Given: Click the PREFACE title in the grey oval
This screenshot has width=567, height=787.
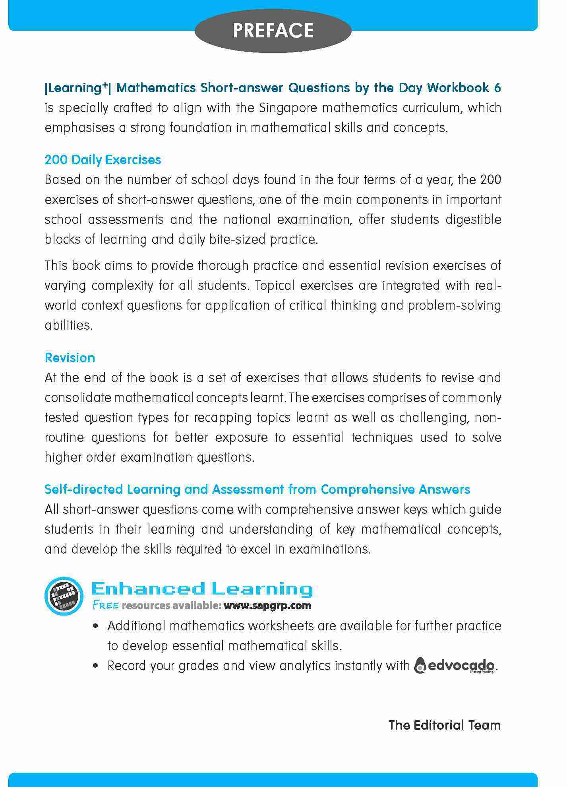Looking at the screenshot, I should tap(273, 31).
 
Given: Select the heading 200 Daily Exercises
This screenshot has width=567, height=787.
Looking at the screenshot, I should tap(103, 160).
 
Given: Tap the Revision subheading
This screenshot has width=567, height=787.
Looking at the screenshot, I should tap(70, 358).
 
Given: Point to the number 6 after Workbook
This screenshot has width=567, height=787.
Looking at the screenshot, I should tap(497, 87).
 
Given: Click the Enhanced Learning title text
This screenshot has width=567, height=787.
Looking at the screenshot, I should tap(202, 589).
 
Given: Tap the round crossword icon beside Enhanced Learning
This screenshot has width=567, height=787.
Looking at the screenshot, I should tap(64, 595).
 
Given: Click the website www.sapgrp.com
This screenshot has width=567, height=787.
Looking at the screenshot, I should tap(267, 606).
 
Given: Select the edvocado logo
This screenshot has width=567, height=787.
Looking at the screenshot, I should tap(455, 665).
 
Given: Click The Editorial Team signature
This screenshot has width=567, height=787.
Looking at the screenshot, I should tap(444, 725).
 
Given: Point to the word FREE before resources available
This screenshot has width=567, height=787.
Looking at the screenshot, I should tap(105, 606).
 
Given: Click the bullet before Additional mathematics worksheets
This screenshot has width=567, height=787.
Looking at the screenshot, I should tap(95, 626).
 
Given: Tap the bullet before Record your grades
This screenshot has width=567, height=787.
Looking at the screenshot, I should tap(95, 666).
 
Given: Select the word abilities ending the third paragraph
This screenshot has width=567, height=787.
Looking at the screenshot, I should tap(68, 325).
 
